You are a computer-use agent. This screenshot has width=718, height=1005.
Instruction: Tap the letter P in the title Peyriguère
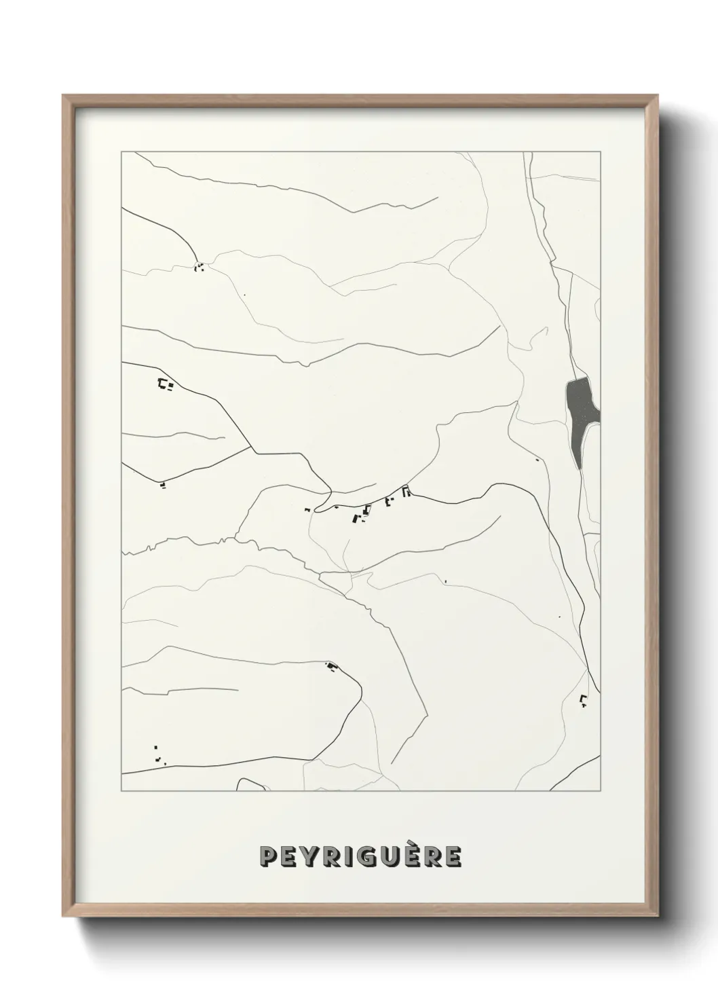(x=269, y=856)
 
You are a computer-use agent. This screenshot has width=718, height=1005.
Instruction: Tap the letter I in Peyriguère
(x=356, y=856)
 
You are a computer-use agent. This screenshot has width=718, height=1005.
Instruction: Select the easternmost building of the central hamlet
(x=406, y=492)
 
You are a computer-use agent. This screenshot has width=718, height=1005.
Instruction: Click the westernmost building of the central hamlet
(x=307, y=509)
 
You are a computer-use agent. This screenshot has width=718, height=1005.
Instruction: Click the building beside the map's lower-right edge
(x=582, y=699)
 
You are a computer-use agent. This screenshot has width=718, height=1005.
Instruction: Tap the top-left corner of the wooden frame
(x=63, y=96)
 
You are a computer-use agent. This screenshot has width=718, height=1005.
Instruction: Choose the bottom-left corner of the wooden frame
(x=63, y=917)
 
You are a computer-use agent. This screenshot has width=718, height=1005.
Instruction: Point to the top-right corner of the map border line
(x=601, y=152)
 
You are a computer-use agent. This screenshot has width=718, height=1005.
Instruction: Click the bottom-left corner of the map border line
(x=121, y=791)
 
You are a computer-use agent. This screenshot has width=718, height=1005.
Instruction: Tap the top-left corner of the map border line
(x=121, y=152)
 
